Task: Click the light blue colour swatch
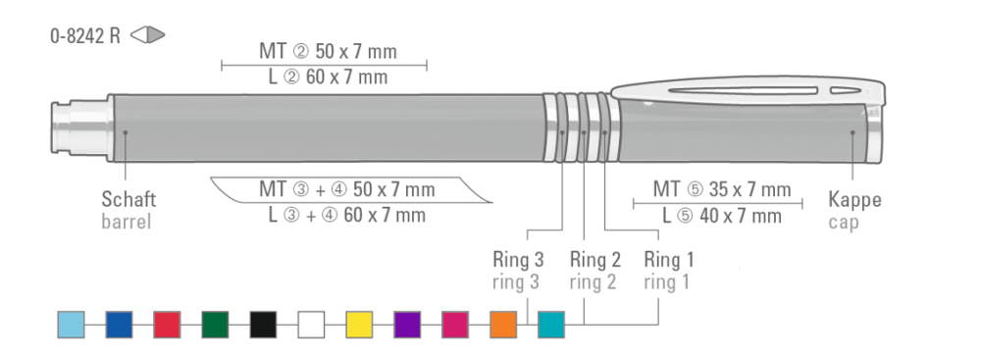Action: point(72,325)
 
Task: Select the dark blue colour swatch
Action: point(119,325)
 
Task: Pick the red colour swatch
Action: point(167,325)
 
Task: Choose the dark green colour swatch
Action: point(215,325)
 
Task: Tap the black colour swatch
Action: point(263,325)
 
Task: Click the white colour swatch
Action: point(311,325)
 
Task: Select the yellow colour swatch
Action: point(359,325)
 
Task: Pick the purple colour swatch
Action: point(407,325)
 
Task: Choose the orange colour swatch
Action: point(503,325)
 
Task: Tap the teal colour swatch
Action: point(551,325)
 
